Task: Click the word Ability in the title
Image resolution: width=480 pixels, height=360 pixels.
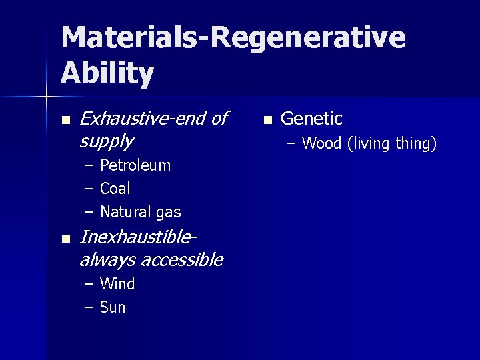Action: [x=107, y=73]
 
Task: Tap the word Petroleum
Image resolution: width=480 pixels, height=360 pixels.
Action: [x=135, y=165]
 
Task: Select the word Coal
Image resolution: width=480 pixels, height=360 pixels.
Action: [x=115, y=189]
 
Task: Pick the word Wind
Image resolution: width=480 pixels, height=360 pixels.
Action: [x=117, y=284]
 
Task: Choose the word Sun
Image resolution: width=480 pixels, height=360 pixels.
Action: [x=113, y=307]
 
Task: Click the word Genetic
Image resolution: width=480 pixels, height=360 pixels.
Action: [x=311, y=119]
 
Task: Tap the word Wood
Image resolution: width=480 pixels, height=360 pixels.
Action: [x=321, y=143]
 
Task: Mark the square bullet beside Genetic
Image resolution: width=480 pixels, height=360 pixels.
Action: [x=267, y=121]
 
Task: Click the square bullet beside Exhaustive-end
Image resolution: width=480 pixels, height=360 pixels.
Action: [x=65, y=121]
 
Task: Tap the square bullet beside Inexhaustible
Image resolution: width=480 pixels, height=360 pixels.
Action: [x=65, y=239]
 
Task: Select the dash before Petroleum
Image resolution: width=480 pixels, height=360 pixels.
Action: [x=89, y=165]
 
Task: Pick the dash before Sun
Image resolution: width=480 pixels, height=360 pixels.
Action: [x=89, y=307]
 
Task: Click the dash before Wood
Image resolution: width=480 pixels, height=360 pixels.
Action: [x=291, y=143]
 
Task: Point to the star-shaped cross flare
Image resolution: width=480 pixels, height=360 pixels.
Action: [x=46, y=97]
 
